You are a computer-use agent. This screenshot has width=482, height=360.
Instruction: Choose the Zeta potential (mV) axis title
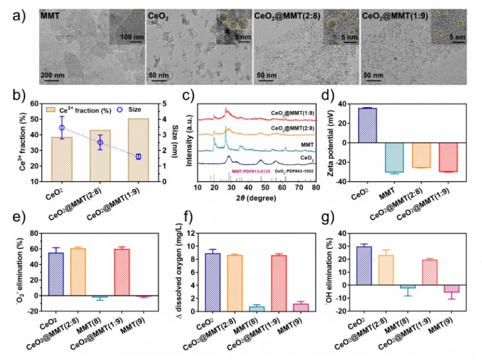330,143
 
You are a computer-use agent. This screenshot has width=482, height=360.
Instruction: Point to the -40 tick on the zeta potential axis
345,182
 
